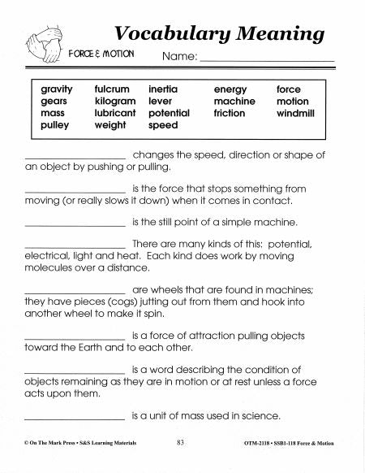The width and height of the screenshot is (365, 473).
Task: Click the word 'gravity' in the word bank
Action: [56, 89]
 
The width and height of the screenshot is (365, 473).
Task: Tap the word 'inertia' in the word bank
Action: [165, 89]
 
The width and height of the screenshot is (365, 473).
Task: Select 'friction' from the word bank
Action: [230, 114]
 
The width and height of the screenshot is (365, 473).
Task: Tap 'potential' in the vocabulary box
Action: [170, 114]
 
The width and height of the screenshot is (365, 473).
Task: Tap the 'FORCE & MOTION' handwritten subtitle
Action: [101, 54]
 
